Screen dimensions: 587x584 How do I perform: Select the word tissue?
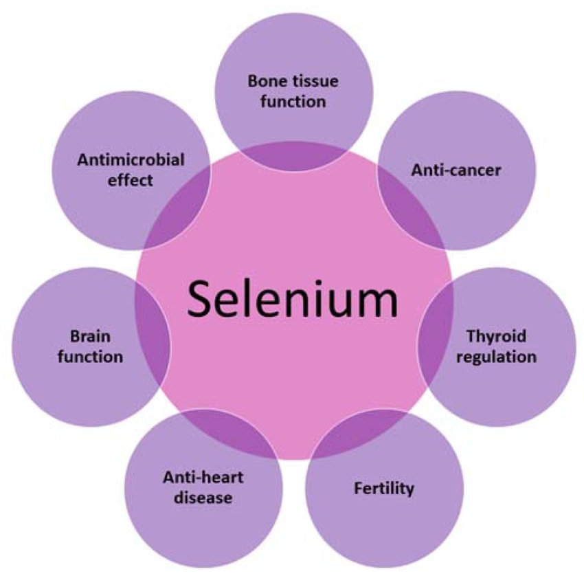click(x=313, y=81)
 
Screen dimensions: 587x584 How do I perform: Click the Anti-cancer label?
click(x=456, y=170)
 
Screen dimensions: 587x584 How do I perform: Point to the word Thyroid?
click(x=496, y=337)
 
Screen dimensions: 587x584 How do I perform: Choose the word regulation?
click(x=497, y=357)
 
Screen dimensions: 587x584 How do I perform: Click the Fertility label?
click(x=384, y=489)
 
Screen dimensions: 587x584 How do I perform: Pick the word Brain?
click(x=91, y=337)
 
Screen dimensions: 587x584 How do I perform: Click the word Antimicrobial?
click(x=131, y=161)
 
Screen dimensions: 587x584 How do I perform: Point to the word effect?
click(x=131, y=181)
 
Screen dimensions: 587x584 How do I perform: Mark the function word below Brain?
click(x=90, y=357)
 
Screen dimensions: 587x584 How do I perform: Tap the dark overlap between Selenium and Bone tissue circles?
click(x=295, y=155)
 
